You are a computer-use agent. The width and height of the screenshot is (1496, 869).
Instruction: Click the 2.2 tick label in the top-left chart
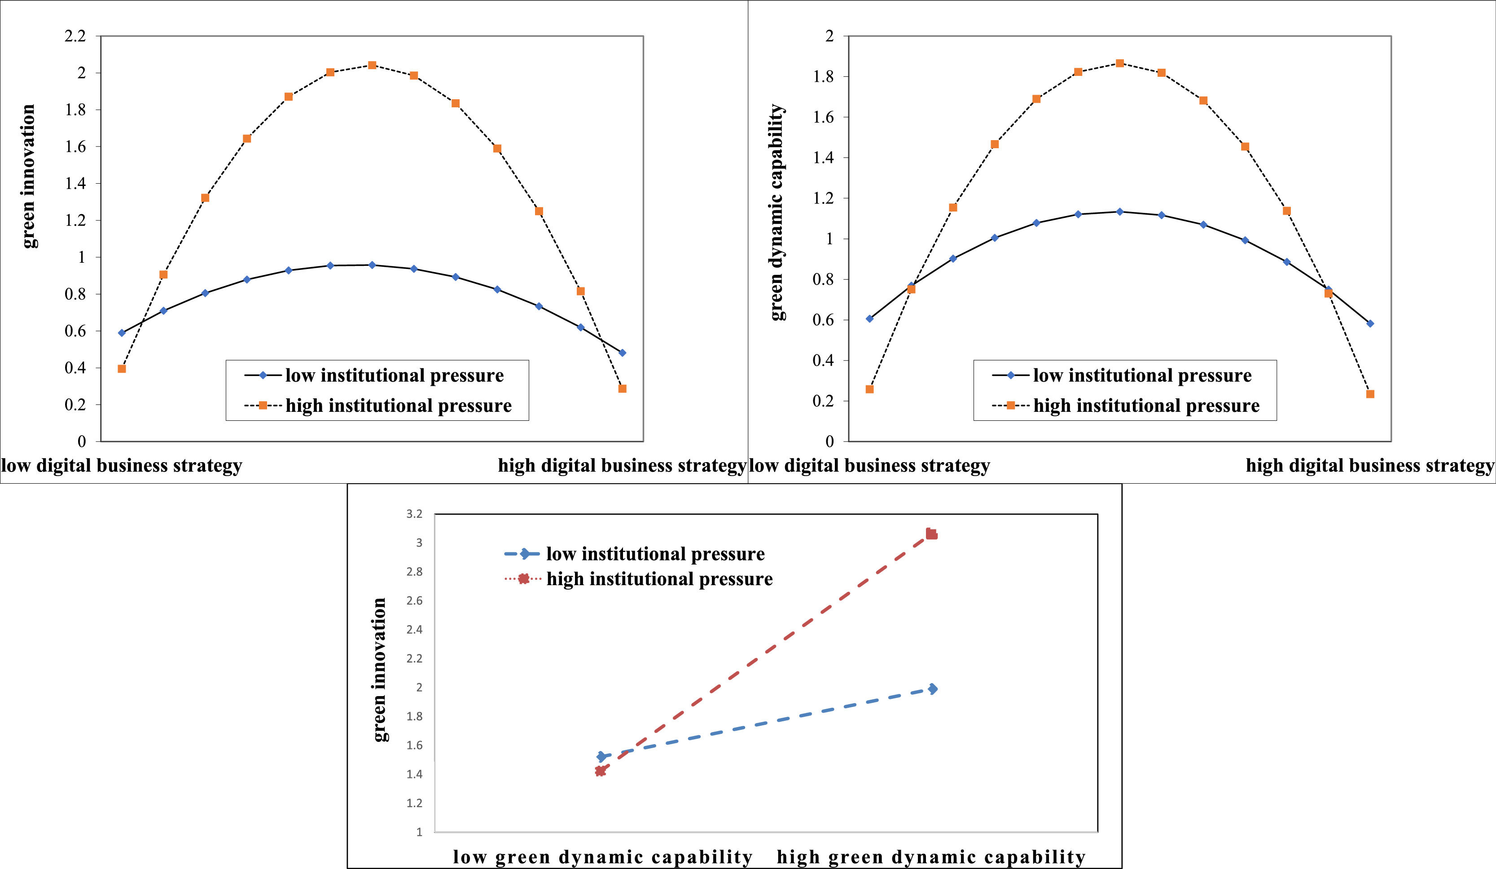pyautogui.click(x=75, y=36)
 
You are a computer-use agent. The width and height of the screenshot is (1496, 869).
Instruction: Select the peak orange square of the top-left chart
pyautogui.click(x=372, y=65)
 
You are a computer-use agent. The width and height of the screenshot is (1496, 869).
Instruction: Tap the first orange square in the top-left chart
pyautogui.click(x=122, y=369)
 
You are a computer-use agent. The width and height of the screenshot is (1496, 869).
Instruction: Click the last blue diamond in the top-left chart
pyautogui.click(x=622, y=353)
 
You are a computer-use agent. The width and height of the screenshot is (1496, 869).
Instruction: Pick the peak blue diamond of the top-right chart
pyautogui.click(x=1119, y=212)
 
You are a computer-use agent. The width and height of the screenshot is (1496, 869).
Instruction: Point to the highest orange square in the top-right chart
pyautogui.click(x=1119, y=63)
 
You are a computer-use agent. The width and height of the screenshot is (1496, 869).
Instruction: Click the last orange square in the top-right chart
pyautogui.click(x=1370, y=394)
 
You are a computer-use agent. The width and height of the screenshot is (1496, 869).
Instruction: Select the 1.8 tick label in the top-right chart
pyautogui.click(x=823, y=77)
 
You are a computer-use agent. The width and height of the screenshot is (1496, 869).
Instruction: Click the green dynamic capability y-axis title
pyautogui.click(x=777, y=212)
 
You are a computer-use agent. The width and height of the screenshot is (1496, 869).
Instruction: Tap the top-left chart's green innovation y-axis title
pyautogui.click(x=28, y=176)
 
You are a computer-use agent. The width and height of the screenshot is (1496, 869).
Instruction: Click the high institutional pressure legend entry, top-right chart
pyautogui.click(x=1126, y=406)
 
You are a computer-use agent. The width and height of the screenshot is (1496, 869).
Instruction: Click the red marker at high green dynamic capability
pyautogui.click(x=931, y=534)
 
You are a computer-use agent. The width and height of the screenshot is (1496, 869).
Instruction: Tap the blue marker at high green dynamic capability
pyautogui.click(x=933, y=688)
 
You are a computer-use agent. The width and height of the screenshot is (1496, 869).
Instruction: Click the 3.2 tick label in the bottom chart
pyautogui.click(x=414, y=514)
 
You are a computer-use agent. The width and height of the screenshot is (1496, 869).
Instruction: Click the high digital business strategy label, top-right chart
pyautogui.click(x=1369, y=466)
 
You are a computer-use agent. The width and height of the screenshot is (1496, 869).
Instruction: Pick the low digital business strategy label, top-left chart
pyautogui.click(x=122, y=466)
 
